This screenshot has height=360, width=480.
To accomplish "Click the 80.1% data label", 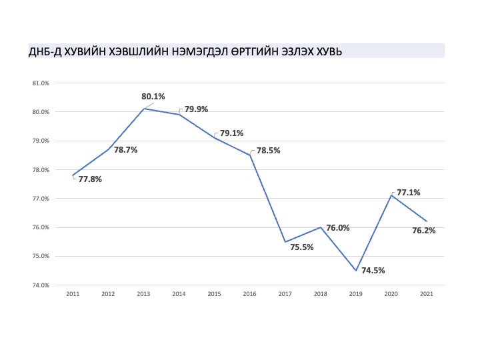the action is point(153,97).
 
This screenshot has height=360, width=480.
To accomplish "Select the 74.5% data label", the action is point(373,270).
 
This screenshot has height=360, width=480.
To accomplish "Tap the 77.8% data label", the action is point(90,179).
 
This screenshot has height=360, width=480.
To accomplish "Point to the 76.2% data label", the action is point(424,231).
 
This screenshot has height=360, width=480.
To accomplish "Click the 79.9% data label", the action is point(196,109).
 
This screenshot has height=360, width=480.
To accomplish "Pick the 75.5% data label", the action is point(302,247).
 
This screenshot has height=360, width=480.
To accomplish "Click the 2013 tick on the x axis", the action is point(143,294).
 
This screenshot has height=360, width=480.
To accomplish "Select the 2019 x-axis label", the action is point(356,294).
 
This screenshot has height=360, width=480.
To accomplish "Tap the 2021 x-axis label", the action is point(427,294).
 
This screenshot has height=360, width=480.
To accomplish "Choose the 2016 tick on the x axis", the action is point(249,294).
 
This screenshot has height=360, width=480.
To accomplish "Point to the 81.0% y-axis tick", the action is point(41,83).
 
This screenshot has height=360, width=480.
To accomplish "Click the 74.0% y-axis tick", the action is point(41,285).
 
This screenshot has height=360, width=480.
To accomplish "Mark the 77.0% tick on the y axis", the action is point(41,199).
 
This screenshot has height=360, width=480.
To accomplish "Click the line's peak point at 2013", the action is point(144,109).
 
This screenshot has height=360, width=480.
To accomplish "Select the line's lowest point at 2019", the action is point(356,271).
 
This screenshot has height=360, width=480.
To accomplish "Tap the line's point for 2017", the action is point(285,242).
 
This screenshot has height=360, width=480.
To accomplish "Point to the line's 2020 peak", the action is point(391,195).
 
